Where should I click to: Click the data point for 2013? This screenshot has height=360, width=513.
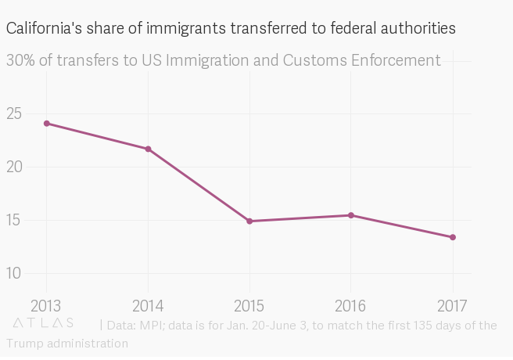(x=47, y=124)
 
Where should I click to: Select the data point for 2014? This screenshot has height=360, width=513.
(x=148, y=149)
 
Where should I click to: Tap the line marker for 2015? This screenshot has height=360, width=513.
(x=249, y=221)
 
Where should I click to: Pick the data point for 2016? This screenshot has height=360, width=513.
(x=351, y=215)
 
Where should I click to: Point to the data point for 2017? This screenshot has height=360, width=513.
(x=453, y=237)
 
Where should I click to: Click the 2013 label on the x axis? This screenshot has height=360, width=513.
(x=46, y=304)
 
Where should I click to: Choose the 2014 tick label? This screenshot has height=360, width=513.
(x=148, y=304)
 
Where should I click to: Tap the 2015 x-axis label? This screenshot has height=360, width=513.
(x=249, y=304)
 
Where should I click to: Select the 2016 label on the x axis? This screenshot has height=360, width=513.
(x=351, y=304)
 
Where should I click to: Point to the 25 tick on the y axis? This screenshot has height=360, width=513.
(x=16, y=113)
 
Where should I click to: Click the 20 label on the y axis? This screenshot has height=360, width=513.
(x=16, y=167)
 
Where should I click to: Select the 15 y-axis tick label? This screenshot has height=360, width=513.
(x=16, y=220)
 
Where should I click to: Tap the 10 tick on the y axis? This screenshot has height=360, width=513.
(x=16, y=273)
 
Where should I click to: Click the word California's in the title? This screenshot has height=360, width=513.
(x=42, y=29)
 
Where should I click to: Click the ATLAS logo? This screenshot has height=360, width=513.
(x=44, y=322)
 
